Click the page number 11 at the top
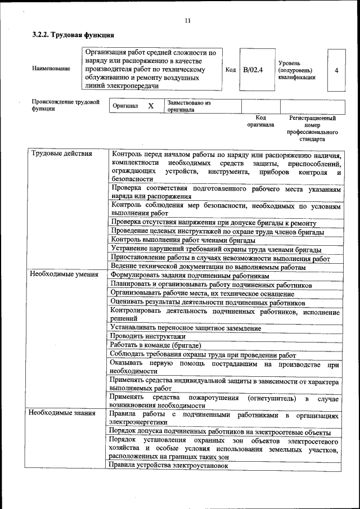[x=187, y=21]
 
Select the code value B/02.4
[x=253, y=70]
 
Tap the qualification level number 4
[x=336, y=70]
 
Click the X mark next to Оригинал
[x=151, y=106]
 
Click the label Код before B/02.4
[x=230, y=70]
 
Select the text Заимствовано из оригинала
[x=188, y=106]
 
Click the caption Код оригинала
[x=260, y=121]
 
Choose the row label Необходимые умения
[x=64, y=275]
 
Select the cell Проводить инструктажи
[x=140, y=336]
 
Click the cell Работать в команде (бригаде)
[x=155, y=345]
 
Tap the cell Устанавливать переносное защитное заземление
[x=186, y=327]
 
